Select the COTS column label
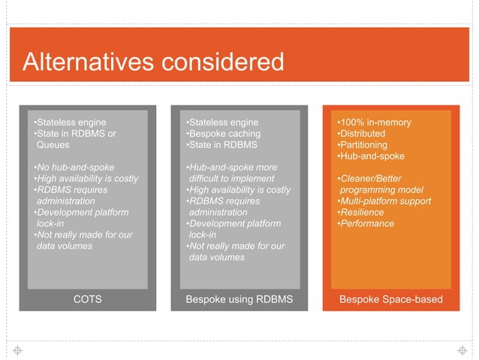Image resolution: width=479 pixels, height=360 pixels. coord(87,300)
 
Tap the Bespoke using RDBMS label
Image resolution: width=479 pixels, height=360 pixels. coord(239,300)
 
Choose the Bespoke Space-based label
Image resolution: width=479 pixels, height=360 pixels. coord(391,300)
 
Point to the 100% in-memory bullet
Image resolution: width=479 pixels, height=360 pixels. coord(374,123)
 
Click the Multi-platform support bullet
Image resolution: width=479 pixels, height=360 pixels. coord(384,201)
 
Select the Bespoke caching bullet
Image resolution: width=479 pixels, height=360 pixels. coord(223,134)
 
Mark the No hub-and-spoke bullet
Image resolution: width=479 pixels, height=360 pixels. coord(74,167)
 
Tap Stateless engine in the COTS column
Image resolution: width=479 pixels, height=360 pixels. coord(71,123)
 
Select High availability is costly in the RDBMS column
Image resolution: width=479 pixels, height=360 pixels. coord(237,189)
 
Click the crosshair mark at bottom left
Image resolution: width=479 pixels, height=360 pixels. coord(17,350)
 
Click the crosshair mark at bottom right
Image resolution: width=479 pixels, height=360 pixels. coord(462,350)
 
